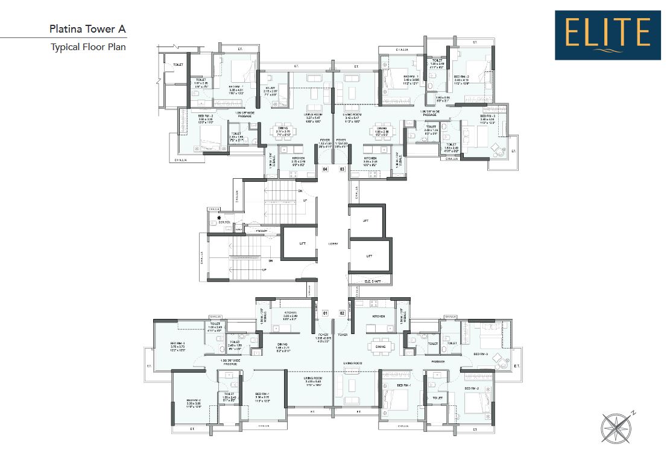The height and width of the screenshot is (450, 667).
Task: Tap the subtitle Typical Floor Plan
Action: pyautogui.click(x=88, y=47)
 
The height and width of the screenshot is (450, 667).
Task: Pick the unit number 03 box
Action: pyautogui.click(x=342, y=170)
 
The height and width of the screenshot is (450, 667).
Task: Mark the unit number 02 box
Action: pyautogui.click(x=342, y=313)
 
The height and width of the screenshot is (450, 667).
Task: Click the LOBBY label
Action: pyautogui.click(x=333, y=243)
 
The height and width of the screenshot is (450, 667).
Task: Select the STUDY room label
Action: pyautogui.click(x=270, y=87)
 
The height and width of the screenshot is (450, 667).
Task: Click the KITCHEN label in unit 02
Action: pyautogui.click(x=378, y=317)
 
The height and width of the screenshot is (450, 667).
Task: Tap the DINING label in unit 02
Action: pyautogui.click(x=381, y=347)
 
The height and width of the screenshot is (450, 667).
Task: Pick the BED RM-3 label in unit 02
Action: pyautogui.click(x=481, y=353)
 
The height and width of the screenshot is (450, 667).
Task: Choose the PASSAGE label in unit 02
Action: pyautogui.click(x=437, y=362)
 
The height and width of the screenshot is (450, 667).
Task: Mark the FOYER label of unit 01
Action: pyautogui.click(x=323, y=334)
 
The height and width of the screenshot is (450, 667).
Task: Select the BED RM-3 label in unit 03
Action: pyautogui.click(x=487, y=116)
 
